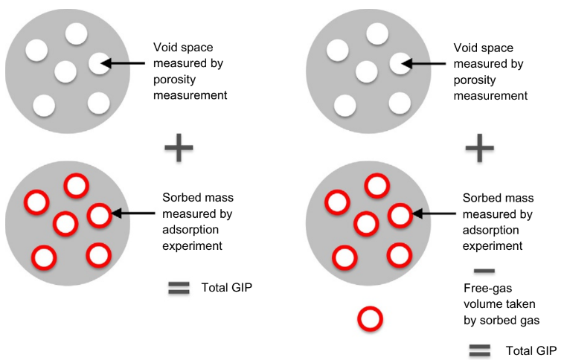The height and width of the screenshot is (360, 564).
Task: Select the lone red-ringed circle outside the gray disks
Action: pyautogui.click(x=370, y=318)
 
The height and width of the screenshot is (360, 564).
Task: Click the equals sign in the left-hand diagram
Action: pyautogui.click(x=179, y=288)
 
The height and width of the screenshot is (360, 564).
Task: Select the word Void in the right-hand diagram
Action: pyautogui.click(x=464, y=46)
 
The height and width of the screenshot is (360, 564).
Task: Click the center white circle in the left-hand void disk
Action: pyautogui.click(x=65, y=71)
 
